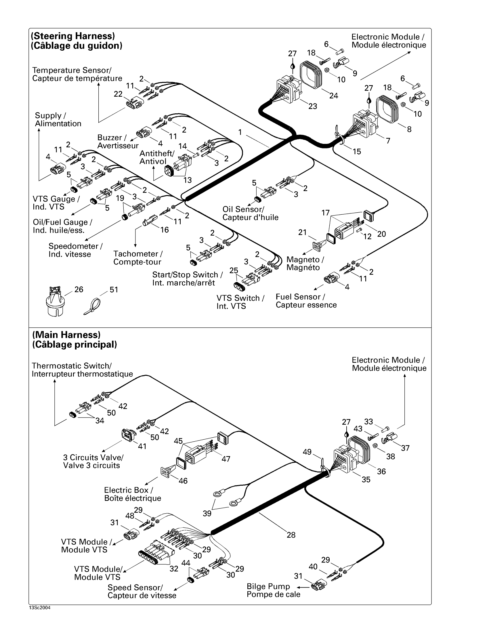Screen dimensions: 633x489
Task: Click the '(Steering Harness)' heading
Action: (73, 36)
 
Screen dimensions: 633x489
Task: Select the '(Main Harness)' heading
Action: (66, 335)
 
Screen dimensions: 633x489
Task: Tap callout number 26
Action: (79, 289)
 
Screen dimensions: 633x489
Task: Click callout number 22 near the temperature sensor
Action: (118, 94)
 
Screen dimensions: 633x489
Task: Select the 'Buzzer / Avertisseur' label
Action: (118, 142)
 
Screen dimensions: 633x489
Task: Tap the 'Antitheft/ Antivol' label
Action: (157, 157)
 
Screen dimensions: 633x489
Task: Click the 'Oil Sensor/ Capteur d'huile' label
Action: (250, 213)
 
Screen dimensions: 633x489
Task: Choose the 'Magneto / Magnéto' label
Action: (305, 264)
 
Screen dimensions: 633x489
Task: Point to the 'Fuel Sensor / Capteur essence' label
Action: (306, 301)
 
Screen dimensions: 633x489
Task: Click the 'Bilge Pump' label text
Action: (268, 586)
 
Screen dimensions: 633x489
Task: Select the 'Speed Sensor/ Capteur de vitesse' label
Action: (142, 591)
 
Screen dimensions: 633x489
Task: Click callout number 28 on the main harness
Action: (291, 535)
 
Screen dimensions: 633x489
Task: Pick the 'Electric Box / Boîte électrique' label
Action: (132, 494)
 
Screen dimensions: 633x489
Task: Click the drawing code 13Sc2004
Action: (40, 608)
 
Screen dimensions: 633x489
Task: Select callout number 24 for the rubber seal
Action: (333, 96)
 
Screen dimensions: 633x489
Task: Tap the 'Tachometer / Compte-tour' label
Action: (137, 258)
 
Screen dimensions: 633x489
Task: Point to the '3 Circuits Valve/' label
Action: (93, 457)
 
